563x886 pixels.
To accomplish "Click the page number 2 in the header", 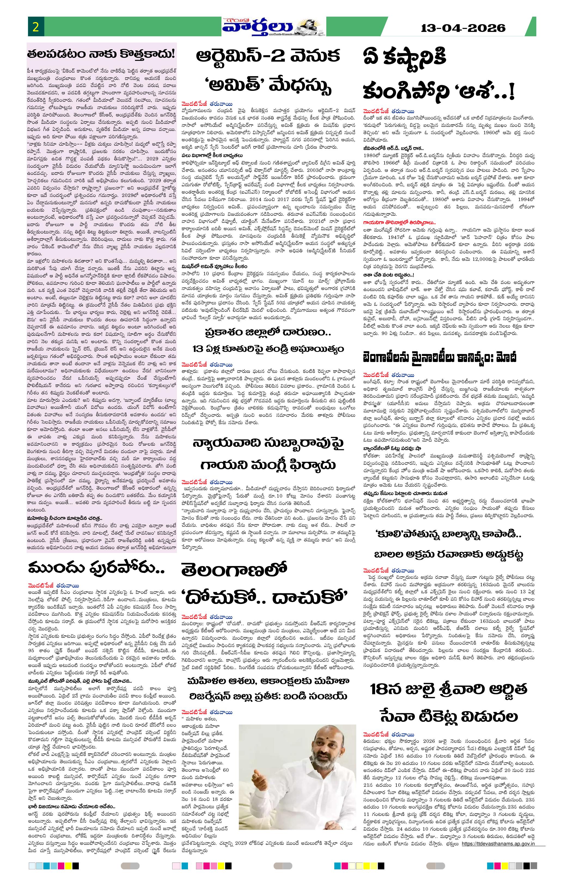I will click(36, 28).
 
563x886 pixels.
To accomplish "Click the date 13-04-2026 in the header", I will click(463, 28).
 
